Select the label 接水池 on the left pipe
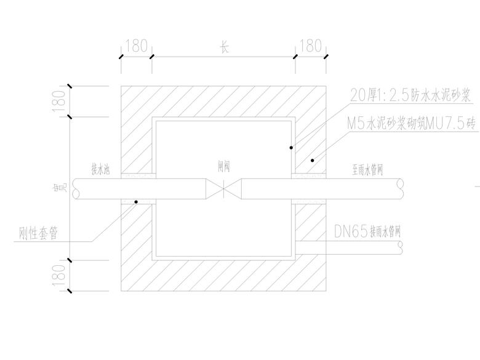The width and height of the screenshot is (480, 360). point(100,167)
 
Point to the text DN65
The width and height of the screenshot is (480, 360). point(351,232)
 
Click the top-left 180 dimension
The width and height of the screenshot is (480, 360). point(137,46)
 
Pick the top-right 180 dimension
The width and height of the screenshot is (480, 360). point(310,46)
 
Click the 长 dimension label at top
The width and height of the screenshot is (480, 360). point(224,47)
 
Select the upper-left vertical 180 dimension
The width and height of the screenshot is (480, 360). point(59,102)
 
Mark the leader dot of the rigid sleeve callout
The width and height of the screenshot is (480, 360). point(137,201)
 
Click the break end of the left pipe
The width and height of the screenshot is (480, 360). point(76,189)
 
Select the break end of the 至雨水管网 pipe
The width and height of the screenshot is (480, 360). point(401,189)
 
